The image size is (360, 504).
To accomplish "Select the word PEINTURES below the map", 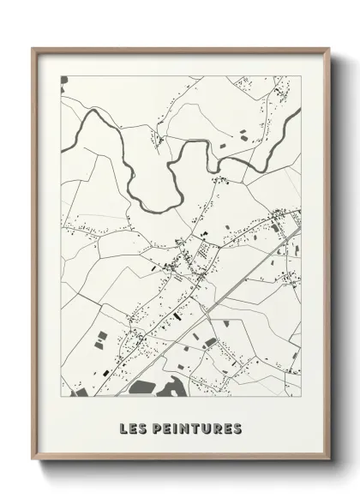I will [197, 428].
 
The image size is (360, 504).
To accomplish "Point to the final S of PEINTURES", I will [237, 428].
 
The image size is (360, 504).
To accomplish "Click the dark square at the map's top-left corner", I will [63, 80].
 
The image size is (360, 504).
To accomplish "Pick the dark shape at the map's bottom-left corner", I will [82, 393].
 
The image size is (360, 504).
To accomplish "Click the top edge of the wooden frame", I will [180, 49].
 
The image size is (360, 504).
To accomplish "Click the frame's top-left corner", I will [34, 50].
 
